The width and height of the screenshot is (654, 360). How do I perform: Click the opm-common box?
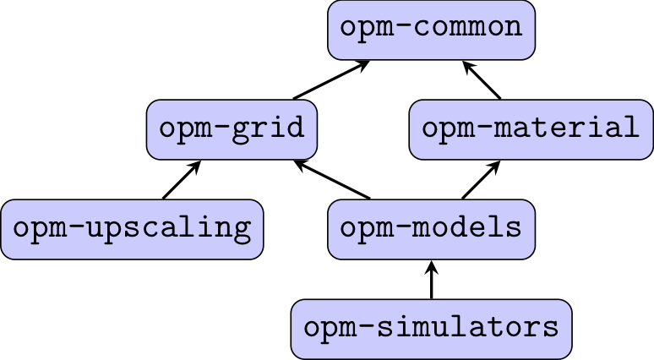pos(431,30)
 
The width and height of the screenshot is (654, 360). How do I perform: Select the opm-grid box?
pos(232,129)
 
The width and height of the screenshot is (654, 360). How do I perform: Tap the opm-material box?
pos(531,129)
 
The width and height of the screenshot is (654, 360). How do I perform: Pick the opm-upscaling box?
pos(133,229)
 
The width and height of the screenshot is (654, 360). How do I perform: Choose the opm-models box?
pos(431,229)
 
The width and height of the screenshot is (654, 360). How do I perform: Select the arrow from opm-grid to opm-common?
pos(331,79)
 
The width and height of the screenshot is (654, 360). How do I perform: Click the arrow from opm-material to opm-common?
pos(483,79)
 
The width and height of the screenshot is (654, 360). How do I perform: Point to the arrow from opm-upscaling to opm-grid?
pos(182,179)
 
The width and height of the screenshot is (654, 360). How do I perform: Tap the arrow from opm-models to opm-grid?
pos(331,179)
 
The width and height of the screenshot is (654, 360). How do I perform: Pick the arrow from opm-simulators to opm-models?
pos(431,281)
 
